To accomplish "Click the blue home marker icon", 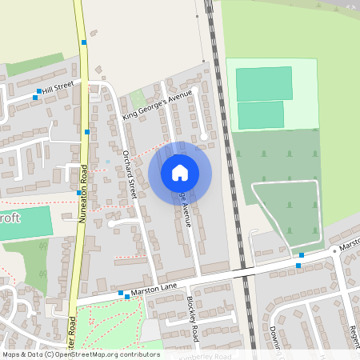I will click(x=180, y=173).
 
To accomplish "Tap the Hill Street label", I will click(x=58, y=86).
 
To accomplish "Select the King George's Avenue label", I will click(x=158, y=106).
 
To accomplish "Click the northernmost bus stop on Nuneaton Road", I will click(x=83, y=42).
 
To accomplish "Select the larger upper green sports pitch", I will click(x=264, y=83).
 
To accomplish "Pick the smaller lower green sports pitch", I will click(x=261, y=114).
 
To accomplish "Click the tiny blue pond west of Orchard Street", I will click(x=107, y=162).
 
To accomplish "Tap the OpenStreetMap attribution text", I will click(x=80, y=354).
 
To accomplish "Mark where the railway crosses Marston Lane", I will click(x=244, y=273).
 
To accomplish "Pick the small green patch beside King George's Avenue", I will click(x=137, y=98).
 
